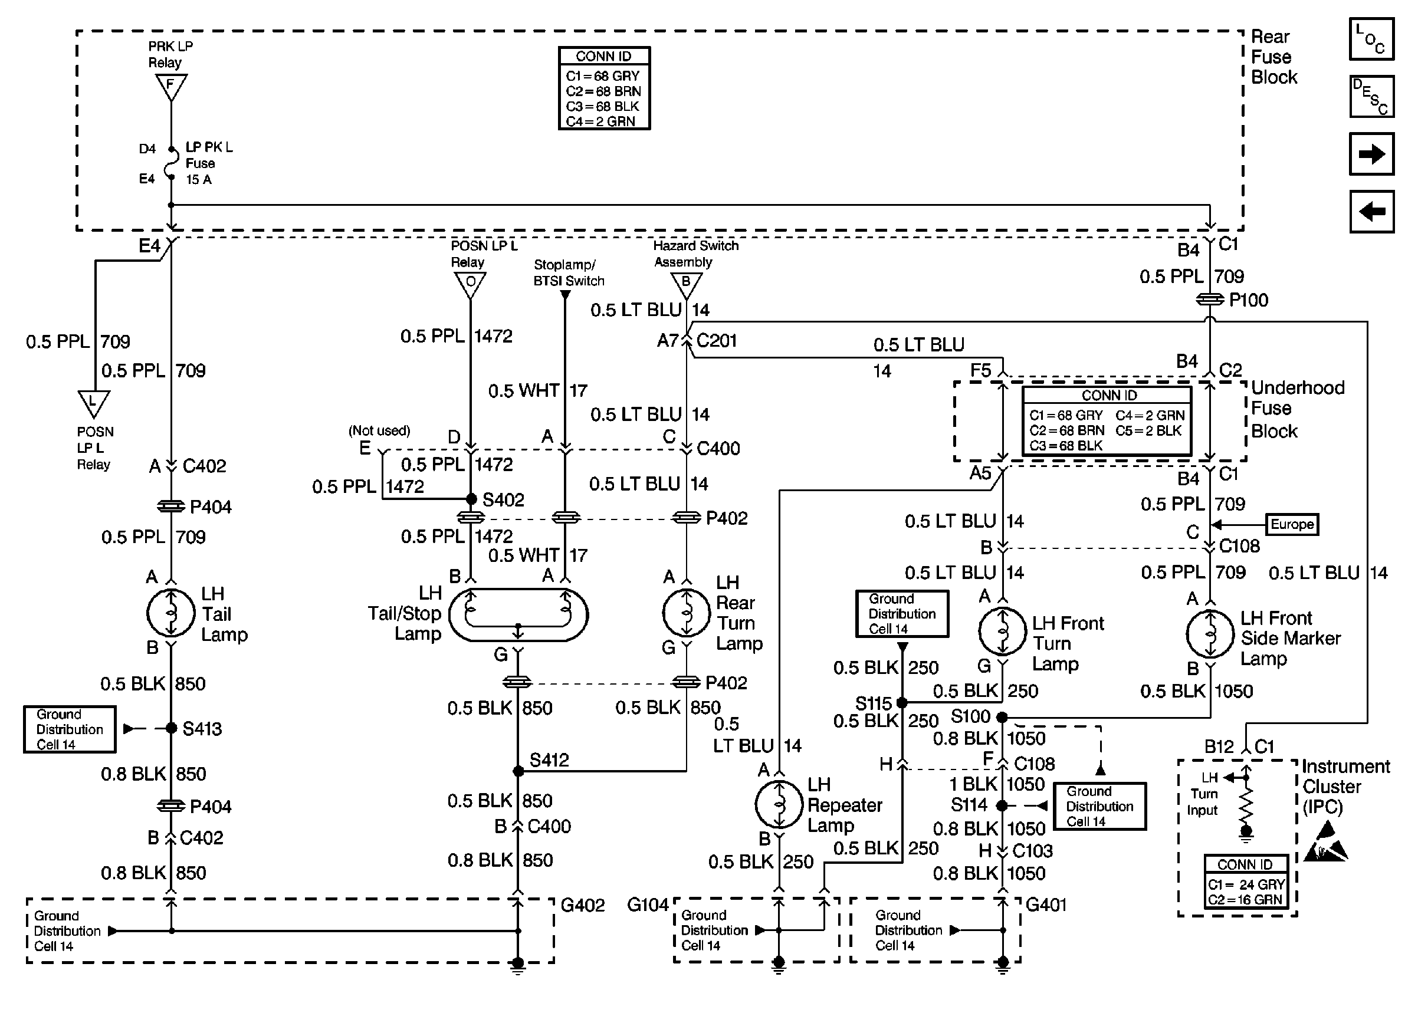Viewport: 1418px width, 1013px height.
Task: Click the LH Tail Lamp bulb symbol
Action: (x=170, y=613)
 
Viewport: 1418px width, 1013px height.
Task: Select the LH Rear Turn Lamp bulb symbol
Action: (x=686, y=613)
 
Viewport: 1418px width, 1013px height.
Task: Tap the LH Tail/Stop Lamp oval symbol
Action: (x=518, y=615)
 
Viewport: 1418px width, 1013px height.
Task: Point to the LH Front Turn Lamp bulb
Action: (x=1002, y=632)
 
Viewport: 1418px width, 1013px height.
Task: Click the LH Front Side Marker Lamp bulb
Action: (x=1210, y=634)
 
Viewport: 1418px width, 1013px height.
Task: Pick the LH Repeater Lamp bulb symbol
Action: (x=779, y=804)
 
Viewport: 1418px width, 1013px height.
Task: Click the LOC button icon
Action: (x=1371, y=40)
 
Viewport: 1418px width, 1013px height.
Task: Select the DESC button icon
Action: (x=1371, y=97)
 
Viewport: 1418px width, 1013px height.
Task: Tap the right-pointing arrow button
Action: (x=1371, y=154)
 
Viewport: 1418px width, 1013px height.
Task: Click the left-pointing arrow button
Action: (x=1371, y=212)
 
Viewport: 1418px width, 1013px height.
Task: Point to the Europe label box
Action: (x=1292, y=524)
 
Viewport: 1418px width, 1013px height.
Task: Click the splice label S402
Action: (x=503, y=499)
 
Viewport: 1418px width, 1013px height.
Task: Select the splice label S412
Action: (x=549, y=759)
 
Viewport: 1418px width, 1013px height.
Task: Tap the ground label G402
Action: (x=583, y=905)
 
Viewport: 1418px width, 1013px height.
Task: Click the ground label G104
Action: (x=648, y=905)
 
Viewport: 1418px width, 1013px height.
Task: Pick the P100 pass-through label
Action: (x=1248, y=300)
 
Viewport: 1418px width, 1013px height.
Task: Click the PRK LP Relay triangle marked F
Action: (x=171, y=86)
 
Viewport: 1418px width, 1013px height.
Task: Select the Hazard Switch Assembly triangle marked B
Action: (x=686, y=284)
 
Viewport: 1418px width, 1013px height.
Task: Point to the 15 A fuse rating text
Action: (x=199, y=180)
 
